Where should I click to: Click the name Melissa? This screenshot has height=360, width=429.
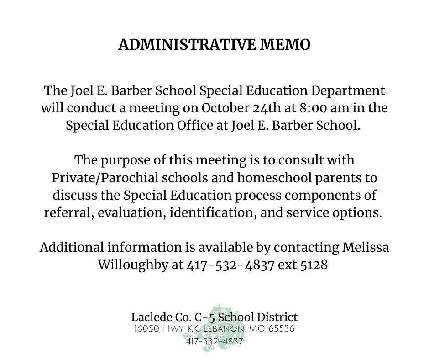click(365, 247)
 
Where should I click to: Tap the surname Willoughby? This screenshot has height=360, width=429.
click(132, 265)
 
